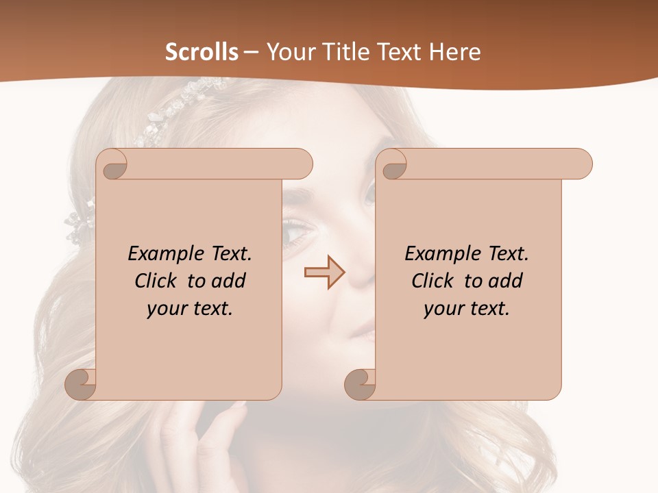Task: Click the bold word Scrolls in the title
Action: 202,52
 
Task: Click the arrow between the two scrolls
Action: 325,273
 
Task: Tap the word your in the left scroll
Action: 164,309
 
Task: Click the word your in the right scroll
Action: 441,309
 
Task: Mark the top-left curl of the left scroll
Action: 114,164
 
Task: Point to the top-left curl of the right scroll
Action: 393,164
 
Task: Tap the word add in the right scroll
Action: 507,281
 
